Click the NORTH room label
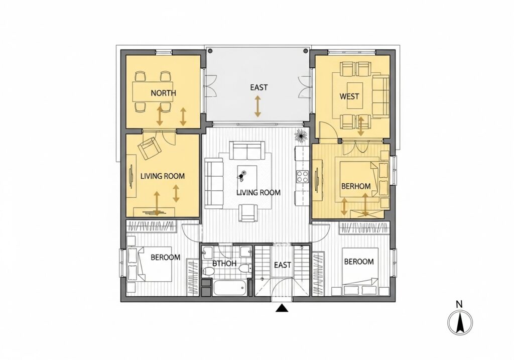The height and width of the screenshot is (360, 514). coord(163,93)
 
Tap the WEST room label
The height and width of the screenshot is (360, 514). coord(349,96)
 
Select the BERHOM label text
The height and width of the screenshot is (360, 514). coord(356,186)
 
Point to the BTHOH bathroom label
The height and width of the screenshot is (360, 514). coord(224,263)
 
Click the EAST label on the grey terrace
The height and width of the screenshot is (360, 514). coord(259,87)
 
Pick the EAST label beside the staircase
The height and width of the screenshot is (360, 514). coord(282,265)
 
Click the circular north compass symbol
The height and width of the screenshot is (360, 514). coord(459,322)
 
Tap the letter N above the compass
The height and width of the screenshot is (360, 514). coord(459,304)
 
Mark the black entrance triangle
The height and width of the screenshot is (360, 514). coord(283,308)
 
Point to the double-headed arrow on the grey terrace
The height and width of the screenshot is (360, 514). coord(258,106)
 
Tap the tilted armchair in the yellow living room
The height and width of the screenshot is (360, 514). coord(150,148)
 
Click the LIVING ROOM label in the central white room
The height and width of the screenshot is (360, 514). coord(259,192)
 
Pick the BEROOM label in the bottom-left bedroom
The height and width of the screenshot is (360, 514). coord(165,257)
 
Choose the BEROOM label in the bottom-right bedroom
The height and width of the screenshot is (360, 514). coord(358,262)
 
